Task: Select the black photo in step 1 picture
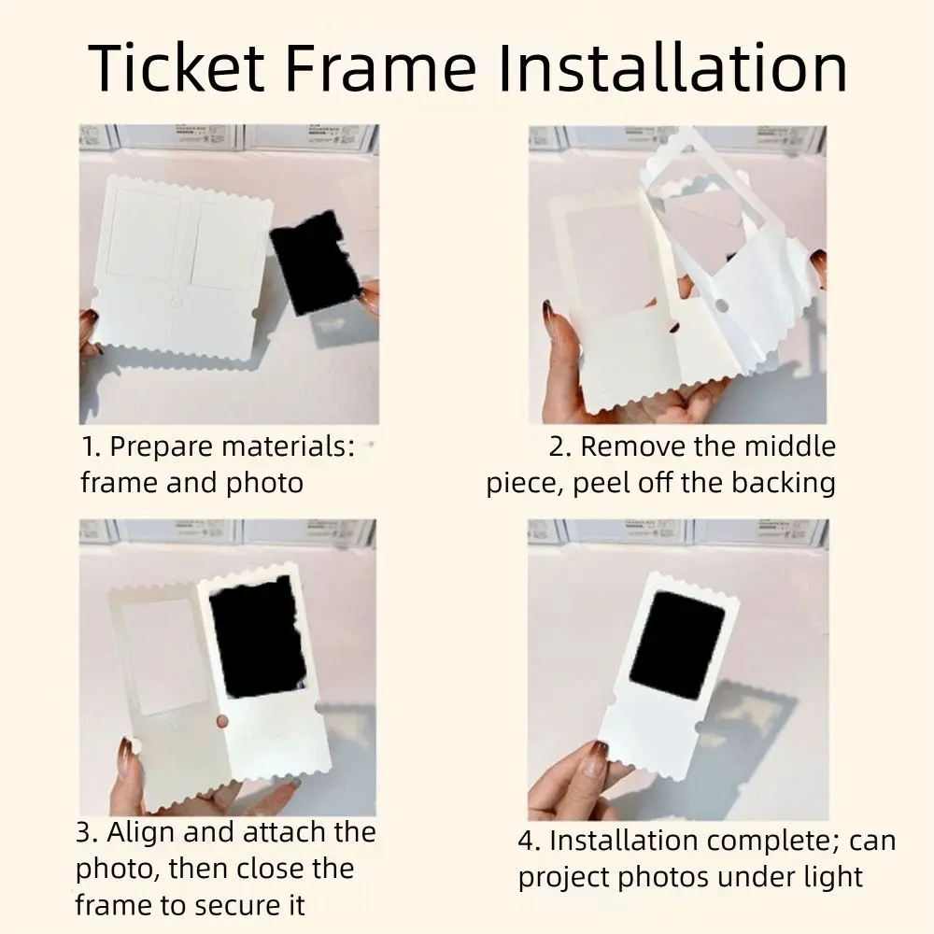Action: [315, 262]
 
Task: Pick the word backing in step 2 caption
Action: [783, 483]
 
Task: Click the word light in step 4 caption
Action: [828, 877]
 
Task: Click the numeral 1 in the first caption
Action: [87, 446]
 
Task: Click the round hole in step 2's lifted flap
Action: [722, 304]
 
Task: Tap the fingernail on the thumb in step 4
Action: [595, 755]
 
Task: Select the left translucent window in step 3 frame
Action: [165, 654]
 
